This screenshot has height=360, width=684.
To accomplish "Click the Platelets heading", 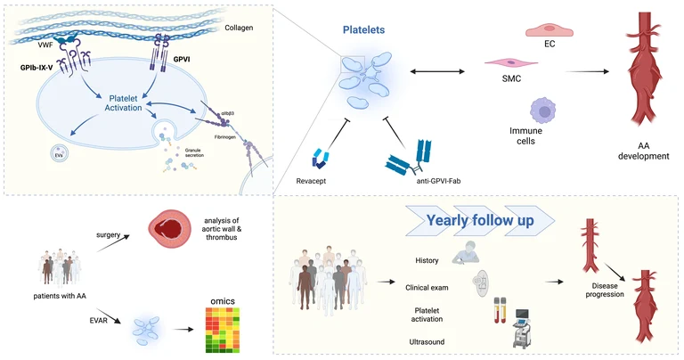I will [363, 30].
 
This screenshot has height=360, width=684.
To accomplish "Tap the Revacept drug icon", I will [321, 159].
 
